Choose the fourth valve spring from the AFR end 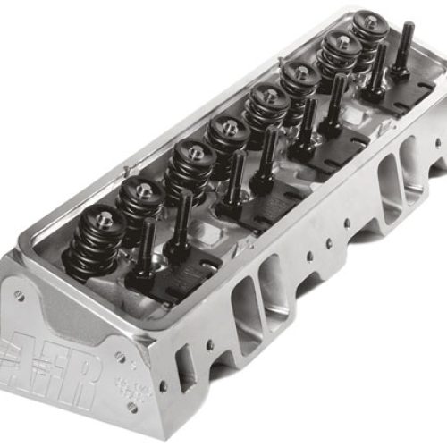[x=228, y=139]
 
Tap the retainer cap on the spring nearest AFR [x=102, y=217]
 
